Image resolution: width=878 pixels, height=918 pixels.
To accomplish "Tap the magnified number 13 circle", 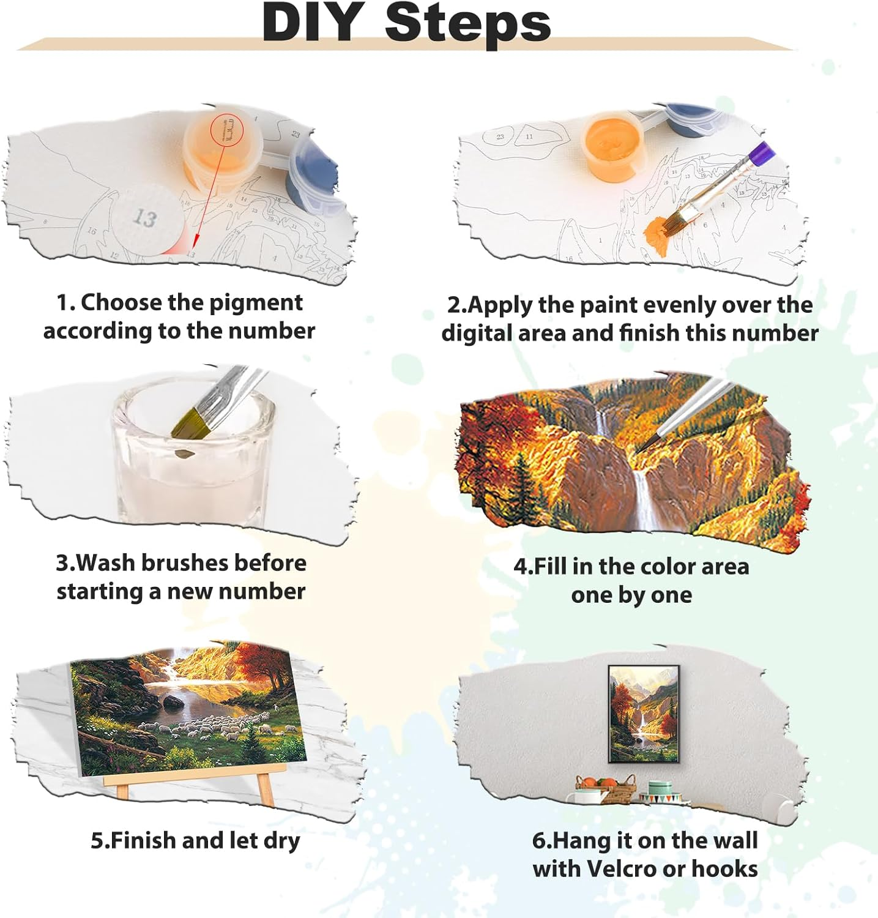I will (x=145, y=218).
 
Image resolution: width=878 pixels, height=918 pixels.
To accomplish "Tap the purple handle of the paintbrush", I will (x=762, y=153).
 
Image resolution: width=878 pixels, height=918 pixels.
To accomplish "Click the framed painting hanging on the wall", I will (x=644, y=714).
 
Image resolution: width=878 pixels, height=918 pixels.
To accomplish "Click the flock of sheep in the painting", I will (x=202, y=728).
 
